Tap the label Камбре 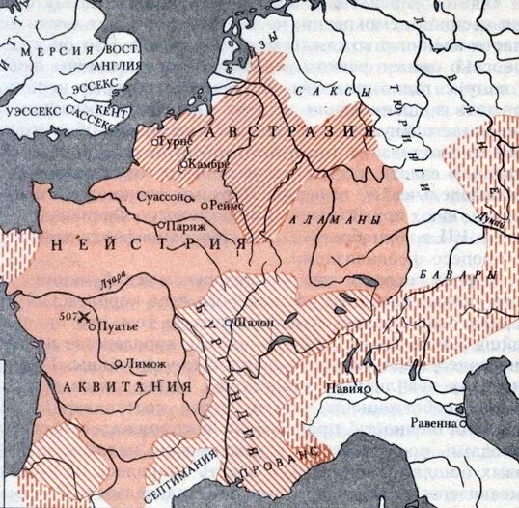coord(208,164)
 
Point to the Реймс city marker coord(203,205)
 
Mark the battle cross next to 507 coord(84,317)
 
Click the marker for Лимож coord(118,364)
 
